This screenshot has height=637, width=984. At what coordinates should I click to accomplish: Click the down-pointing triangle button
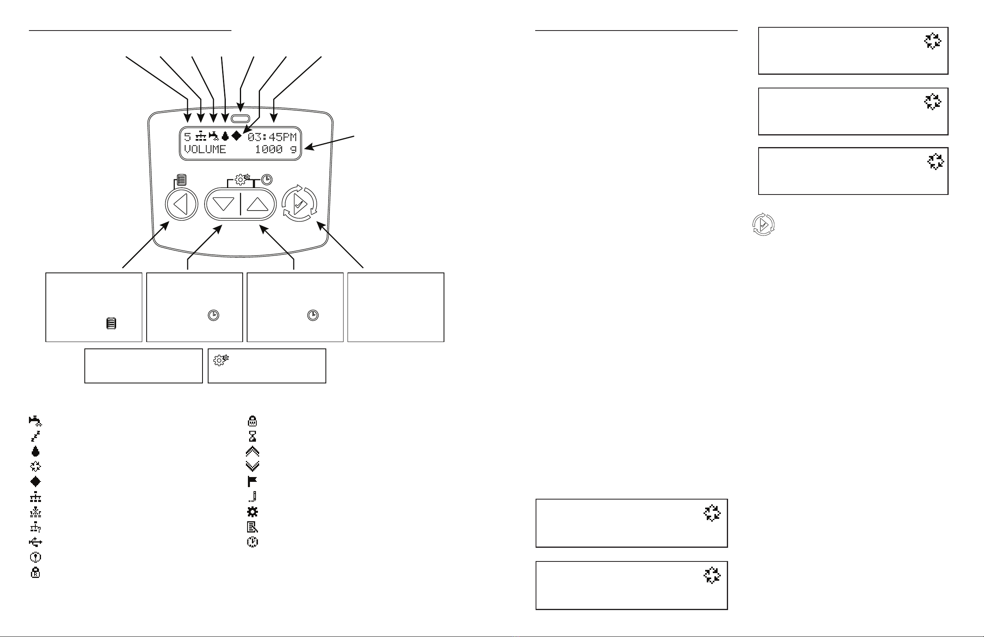click(223, 204)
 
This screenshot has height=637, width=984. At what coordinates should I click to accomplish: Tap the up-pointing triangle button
click(258, 204)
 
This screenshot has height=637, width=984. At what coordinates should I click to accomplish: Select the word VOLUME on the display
click(205, 150)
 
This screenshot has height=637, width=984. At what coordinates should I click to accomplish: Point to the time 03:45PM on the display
click(272, 137)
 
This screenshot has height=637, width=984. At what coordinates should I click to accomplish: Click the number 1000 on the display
click(269, 150)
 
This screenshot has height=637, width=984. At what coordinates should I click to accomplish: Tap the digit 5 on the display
click(188, 137)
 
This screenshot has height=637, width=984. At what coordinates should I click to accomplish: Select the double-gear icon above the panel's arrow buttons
click(242, 180)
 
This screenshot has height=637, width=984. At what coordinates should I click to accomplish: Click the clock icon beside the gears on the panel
click(267, 180)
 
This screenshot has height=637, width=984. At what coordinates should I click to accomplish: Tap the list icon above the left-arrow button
click(182, 180)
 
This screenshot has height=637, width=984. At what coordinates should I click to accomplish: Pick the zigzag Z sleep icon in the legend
click(35, 436)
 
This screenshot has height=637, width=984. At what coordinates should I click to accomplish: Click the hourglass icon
click(252, 436)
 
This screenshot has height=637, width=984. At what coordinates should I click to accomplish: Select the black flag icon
click(252, 481)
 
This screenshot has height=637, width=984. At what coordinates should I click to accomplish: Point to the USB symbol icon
click(35, 542)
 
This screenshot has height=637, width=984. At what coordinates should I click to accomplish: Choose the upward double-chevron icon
click(252, 451)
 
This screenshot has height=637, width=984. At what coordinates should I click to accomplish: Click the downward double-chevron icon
click(252, 466)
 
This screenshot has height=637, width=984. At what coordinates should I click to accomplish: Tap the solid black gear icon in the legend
click(252, 512)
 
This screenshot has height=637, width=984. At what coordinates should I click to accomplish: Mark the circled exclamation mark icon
click(35, 557)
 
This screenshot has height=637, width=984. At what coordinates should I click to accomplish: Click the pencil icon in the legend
click(252, 496)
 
